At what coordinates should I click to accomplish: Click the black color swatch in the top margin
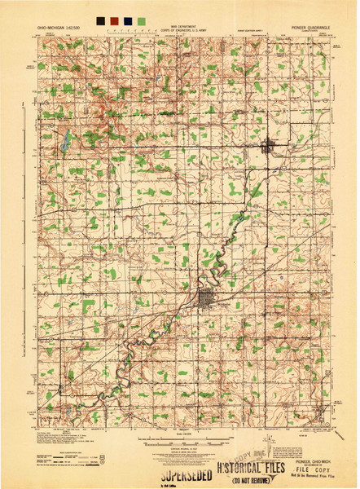coord(99,18)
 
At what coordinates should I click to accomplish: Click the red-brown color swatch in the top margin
coord(113,18)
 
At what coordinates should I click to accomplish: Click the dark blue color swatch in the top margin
coord(128,18)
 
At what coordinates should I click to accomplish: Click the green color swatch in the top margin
coord(143,18)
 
